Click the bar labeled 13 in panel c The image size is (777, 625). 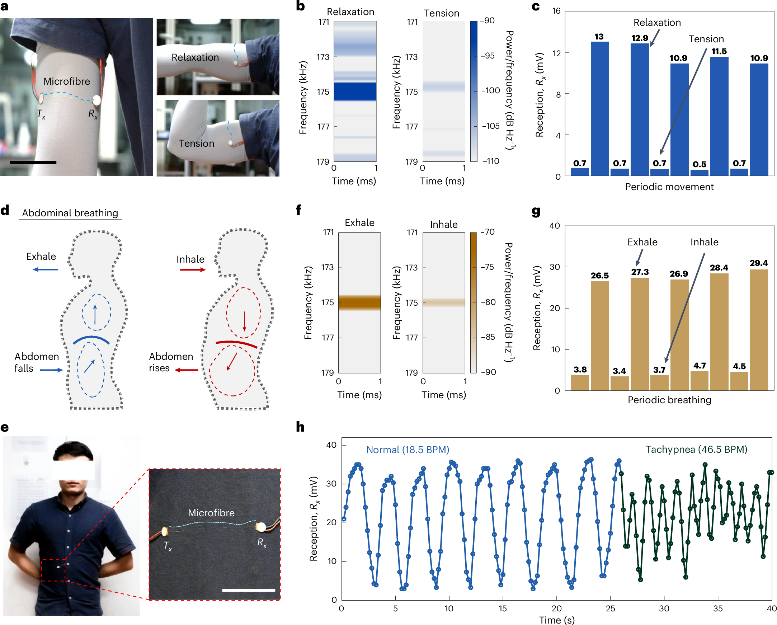tap(599, 108)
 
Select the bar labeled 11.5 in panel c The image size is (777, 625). tap(719, 115)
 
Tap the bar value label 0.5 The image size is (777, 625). tap(699, 164)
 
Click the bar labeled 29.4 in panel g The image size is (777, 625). tap(759, 330)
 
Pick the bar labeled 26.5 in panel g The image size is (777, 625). tap(599, 335)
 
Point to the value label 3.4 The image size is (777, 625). tap(619, 371)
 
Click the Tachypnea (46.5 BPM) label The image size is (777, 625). tap(696, 450)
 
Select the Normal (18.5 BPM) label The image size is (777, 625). tap(408, 450)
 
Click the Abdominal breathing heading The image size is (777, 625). tap(70, 213)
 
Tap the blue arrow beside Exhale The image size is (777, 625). tap(46, 269)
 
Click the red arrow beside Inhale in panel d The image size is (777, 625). tap(193, 269)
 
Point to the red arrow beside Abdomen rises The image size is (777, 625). tap(186, 370)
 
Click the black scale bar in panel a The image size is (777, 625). tap(33, 163)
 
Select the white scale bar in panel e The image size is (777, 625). tap(248, 590)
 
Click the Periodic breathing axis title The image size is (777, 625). tap(669, 400)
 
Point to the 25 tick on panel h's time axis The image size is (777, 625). tap(610, 608)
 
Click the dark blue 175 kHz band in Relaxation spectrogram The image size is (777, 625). tap(355, 91)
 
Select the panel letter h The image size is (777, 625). tap(300, 427)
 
